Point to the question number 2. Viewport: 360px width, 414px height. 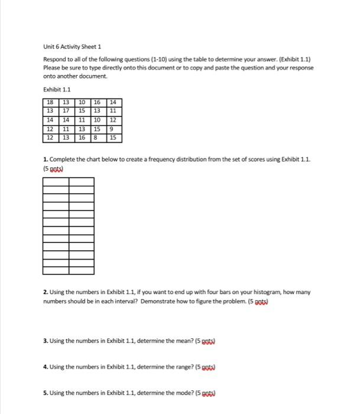[x=45, y=292]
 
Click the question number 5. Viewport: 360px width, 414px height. [x=45, y=393]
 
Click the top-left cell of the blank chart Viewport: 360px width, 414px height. [x=56, y=182]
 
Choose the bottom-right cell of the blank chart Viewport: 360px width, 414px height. [x=82, y=271]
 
